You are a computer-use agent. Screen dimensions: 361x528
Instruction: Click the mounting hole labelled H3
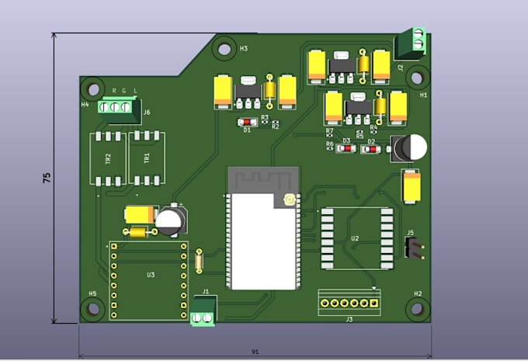pos(224,49)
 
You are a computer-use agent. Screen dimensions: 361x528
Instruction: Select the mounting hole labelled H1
pos(416,78)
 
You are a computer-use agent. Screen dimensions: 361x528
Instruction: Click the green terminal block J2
pos(409,43)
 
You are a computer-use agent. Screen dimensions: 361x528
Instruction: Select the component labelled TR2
pos(108,158)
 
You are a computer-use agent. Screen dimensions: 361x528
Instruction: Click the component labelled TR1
pos(146,158)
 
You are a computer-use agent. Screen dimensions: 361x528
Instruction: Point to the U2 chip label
pos(355,238)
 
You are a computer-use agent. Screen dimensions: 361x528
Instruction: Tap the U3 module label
pos(151,275)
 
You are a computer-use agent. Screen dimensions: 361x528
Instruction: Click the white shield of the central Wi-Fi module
pos(260,241)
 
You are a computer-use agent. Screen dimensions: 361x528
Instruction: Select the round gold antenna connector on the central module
pos(289,200)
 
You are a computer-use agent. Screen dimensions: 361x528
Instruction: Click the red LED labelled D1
pos(247,122)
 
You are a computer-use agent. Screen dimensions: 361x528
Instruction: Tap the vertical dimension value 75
pos(47,177)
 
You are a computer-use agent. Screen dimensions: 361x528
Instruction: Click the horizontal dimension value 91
pos(255,352)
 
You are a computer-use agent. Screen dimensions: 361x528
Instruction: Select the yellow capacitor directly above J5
pos(411,186)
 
